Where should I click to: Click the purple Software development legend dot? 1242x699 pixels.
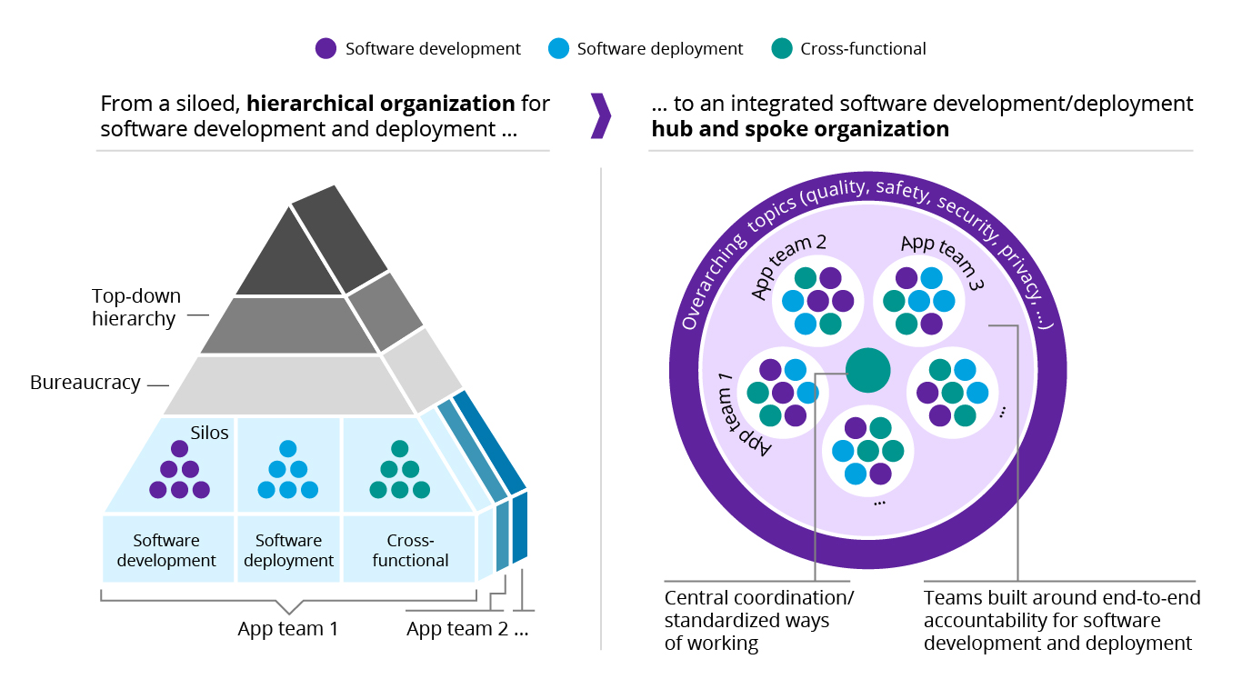tap(326, 49)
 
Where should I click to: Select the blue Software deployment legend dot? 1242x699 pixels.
tap(559, 49)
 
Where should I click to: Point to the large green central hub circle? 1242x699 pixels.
tap(867, 371)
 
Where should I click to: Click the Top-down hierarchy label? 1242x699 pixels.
tap(136, 307)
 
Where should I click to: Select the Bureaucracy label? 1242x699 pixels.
tap(85, 383)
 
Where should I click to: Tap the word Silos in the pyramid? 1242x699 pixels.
tap(210, 433)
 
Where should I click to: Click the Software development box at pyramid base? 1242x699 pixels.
tap(167, 550)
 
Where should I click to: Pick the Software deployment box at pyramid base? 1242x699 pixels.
tap(289, 550)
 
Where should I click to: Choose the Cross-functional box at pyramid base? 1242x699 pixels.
tap(411, 550)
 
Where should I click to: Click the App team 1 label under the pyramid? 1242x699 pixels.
tap(288, 628)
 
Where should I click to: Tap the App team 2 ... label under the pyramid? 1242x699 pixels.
tap(467, 628)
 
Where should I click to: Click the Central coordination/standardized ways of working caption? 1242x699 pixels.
tap(759, 621)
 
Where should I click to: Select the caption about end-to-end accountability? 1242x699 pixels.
tap(1061, 621)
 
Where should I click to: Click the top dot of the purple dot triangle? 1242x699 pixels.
tap(179, 448)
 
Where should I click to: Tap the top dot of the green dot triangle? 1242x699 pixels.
tap(400, 448)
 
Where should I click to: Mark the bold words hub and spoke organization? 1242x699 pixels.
tap(800, 129)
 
